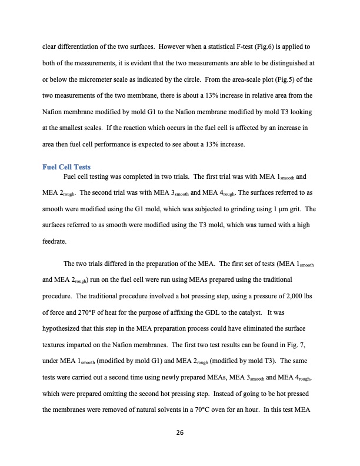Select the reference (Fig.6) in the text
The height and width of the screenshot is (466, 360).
tap(269, 45)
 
